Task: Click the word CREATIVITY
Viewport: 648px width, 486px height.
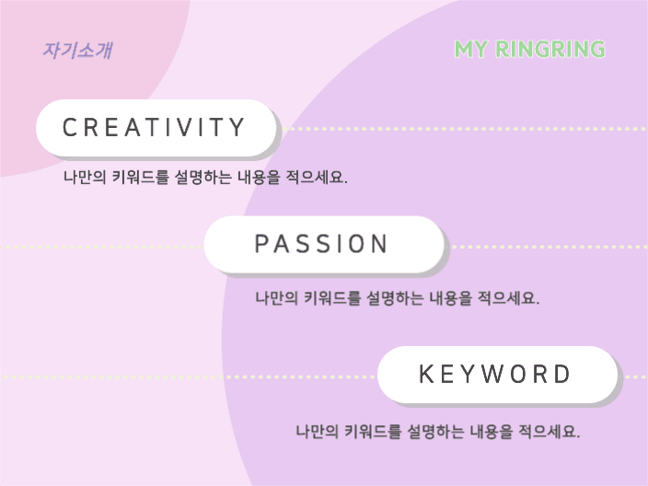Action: click(154, 127)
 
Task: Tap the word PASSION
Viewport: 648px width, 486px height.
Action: click(321, 243)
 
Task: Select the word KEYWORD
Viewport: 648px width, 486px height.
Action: click(494, 374)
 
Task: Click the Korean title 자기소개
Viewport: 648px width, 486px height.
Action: click(77, 51)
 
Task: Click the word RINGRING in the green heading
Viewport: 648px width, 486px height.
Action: click(550, 49)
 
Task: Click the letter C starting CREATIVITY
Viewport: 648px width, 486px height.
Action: click(69, 127)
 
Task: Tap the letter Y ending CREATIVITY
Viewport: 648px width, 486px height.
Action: click(237, 127)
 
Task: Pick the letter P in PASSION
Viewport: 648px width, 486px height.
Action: click(261, 243)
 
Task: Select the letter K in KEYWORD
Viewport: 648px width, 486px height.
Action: click(425, 374)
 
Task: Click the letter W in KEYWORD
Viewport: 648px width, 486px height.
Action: click(494, 374)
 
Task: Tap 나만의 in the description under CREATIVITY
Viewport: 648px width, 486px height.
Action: click(85, 177)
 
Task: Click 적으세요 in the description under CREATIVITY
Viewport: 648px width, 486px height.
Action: click(317, 177)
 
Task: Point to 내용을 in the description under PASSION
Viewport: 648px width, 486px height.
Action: click(450, 297)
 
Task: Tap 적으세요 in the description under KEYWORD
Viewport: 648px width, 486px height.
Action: click(550, 432)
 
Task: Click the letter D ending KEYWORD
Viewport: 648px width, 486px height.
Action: click(563, 374)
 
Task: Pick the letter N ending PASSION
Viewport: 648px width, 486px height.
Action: click(380, 243)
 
